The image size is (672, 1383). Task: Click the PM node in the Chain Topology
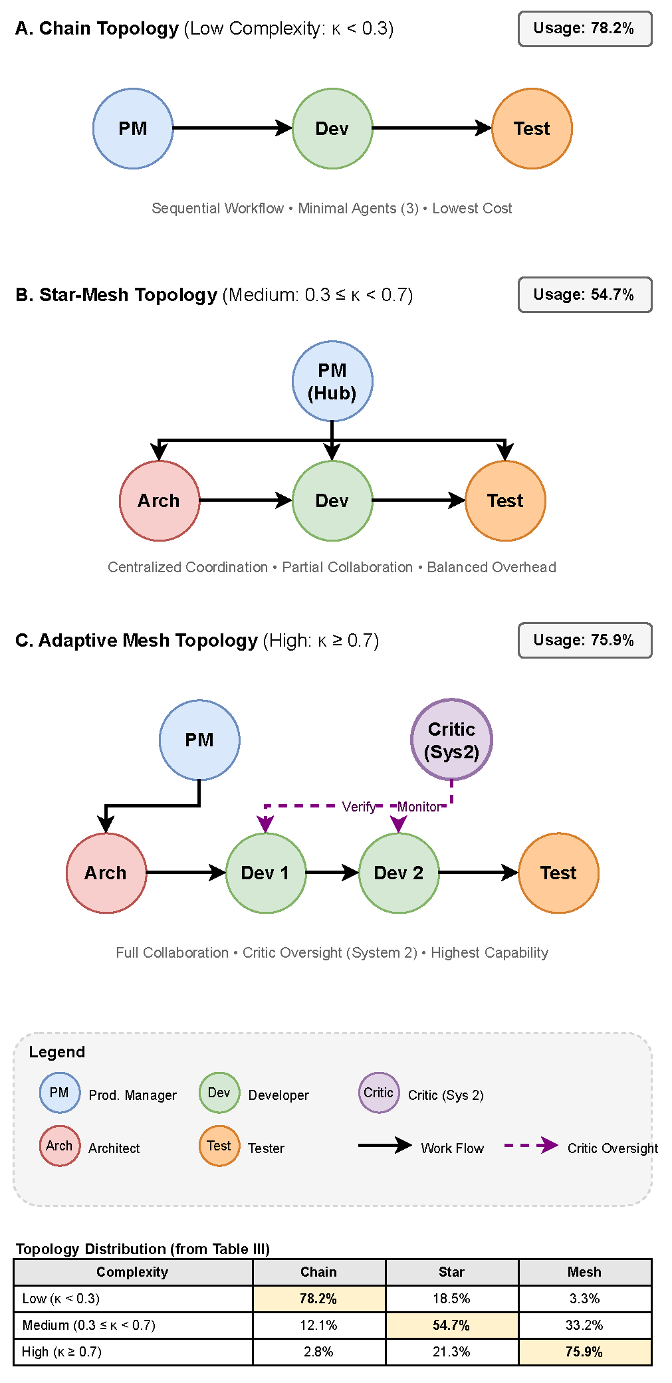[x=133, y=128]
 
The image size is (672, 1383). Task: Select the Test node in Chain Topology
[x=532, y=128]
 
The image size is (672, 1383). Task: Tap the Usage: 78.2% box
[x=584, y=29]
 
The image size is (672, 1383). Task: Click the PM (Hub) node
[x=332, y=381]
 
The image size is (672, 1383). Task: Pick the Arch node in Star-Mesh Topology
[x=160, y=500]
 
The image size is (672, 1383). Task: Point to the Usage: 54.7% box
[x=584, y=294]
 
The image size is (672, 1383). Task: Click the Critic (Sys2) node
[x=451, y=740]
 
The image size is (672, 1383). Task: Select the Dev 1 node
[x=266, y=873]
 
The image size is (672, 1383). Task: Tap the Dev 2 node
[x=399, y=873]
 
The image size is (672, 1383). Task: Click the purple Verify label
[x=359, y=807]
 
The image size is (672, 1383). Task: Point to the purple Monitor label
[x=419, y=807]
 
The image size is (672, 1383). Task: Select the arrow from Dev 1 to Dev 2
[x=332, y=873]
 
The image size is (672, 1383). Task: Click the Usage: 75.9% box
[x=584, y=640]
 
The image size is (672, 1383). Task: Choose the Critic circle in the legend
[x=379, y=1093]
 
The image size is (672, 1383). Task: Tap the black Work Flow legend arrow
[x=385, y=1145]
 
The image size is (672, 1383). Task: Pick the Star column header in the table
[x=451, y=1272]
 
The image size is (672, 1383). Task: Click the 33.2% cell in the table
[x=584, y=1325]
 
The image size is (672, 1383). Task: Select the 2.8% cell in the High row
[x=318, y=1352]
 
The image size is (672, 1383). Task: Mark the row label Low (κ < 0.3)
[x=61, y=1299]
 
